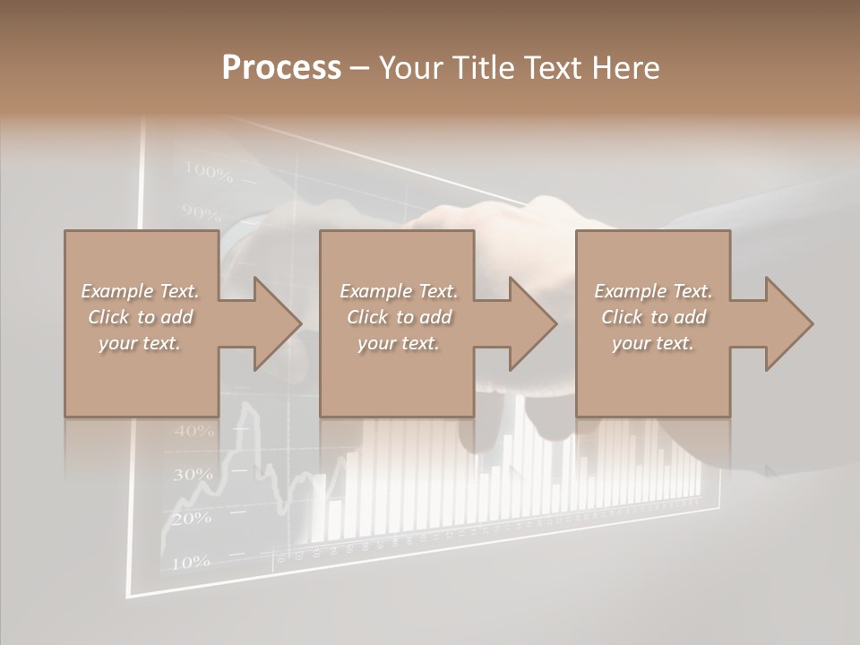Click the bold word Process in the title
click(x=281, y=68)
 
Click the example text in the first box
click(x=141, y=317)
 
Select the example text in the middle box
click(x=399, y=317)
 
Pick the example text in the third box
click(x=653, y=317)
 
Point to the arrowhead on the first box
click(x=273, y=323)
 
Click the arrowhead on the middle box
click(x=529, y=323)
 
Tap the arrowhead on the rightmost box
click(x=786, y=323)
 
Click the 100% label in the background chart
click(x=208, y=170)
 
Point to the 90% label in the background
click(x=201, y=213)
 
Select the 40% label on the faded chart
click(x=194, y=431)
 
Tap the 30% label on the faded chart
click(x=193, y=475)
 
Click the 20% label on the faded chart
click(x=191, y=518)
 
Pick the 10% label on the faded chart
click(x=190, y=563)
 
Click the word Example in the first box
click(x=116, y=291)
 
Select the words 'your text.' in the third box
click(x=653, y=343)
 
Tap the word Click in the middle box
click(x=367, y=317)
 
